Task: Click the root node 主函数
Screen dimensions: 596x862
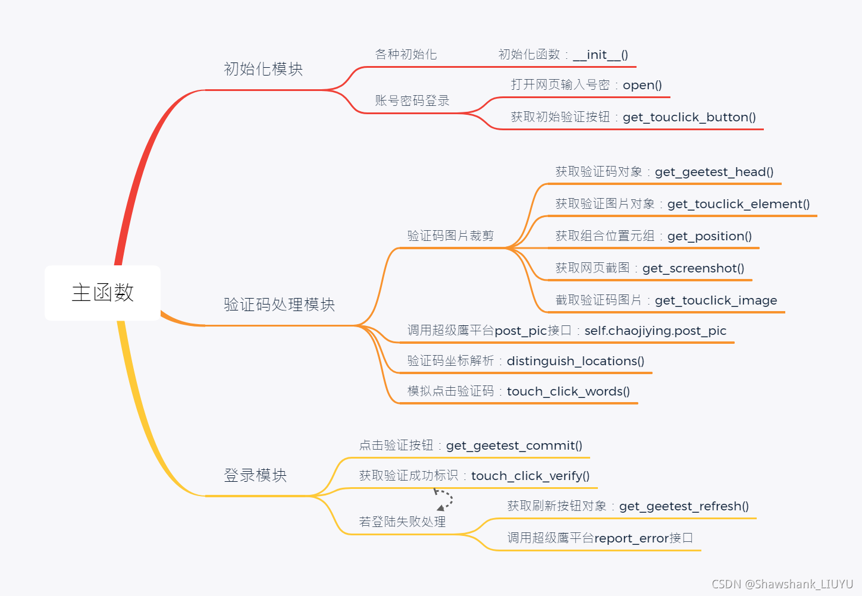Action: pyautogui.click(x=102, y=293)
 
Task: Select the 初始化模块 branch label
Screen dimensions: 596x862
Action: pyautogui.click(x=263, y=69)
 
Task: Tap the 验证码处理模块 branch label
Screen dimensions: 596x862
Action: pyautogui.click(x=279, y=305)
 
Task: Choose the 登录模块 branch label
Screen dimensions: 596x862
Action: pyautogui.click(x=255, y=475)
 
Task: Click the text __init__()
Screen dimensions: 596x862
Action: pyautogui.click(x=600, y=55)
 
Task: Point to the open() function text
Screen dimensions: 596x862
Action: pyautogui.click(x=642, y=85)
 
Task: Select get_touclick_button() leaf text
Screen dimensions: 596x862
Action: pyautogui.click(x=689, y=117)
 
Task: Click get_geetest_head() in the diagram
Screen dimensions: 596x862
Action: pyautogui.click(x=714, y=172)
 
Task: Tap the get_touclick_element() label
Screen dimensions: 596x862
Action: pyautogui.click(x=738, y=204)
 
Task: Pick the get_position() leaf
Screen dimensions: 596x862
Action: pyautogui.click(x=709, y=236)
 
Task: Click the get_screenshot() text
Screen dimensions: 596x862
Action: pyautogui.click(x=693, y=268)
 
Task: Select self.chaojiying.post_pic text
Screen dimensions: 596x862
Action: pyautogui.click(x=655, y=331)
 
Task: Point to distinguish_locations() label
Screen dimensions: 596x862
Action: pyautogui.click(x=575, y=361)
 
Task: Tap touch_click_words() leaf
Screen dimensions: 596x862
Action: pyautogui.click(x=568, y=391)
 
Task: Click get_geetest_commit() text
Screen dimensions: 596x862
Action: pyautogui.click(x=514, y=446)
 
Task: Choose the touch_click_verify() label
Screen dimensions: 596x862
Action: pyautogui.click(x=530, y=476)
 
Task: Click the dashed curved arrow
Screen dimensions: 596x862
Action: pyautogui.click(x=444, y=498)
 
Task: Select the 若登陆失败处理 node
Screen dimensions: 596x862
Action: pyautogui.click(x=402, y=522)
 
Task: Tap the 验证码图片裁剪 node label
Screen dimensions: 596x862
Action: pyautogui.click(x=450, y=236)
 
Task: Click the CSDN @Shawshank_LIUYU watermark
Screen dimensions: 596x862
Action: pyautogui.click(x=782, y=584)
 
